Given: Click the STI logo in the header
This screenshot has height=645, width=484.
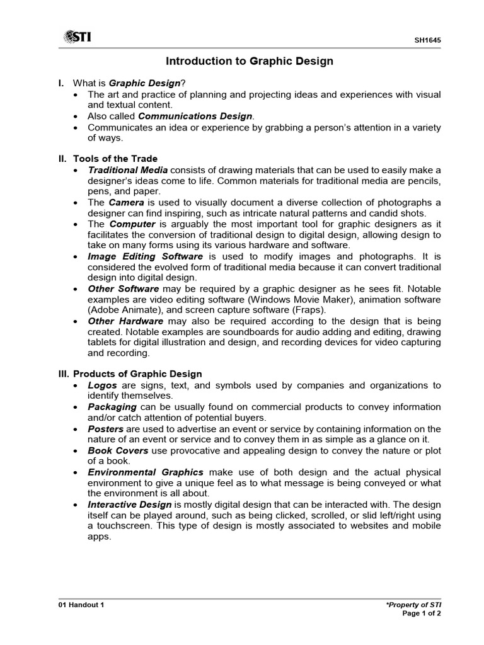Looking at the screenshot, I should [77, 37].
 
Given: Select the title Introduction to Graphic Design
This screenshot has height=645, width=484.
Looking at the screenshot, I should [249, 61].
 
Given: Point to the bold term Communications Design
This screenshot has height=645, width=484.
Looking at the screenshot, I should [195, 116].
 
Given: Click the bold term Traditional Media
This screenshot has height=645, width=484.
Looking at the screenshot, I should [128, 170].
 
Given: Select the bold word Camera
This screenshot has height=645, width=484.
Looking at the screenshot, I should [126, 202].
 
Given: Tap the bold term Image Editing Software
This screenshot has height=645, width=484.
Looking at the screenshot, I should [146, 256].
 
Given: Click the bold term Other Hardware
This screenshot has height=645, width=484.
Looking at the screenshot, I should [124, 321].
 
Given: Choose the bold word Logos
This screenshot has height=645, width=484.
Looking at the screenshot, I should [102, 385].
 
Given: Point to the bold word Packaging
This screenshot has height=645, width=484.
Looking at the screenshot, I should [112, 407].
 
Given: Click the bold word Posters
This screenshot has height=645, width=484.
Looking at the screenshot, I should [106, 428].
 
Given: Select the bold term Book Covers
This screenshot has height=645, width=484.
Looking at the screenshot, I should [118, 450].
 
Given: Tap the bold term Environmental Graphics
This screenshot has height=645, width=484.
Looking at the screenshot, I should [146, 472].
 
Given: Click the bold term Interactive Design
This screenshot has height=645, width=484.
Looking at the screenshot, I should [129, 505].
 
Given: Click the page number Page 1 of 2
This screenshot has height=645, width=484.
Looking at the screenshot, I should [421, 614].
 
